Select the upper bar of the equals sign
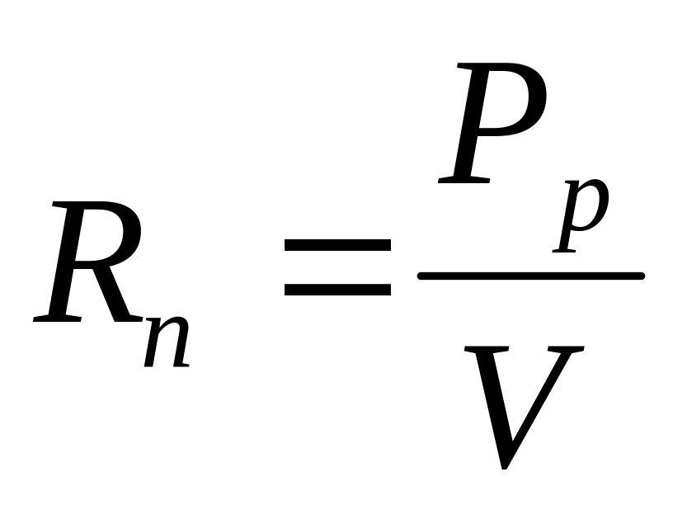[337, 246]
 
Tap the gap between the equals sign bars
[337, 267]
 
